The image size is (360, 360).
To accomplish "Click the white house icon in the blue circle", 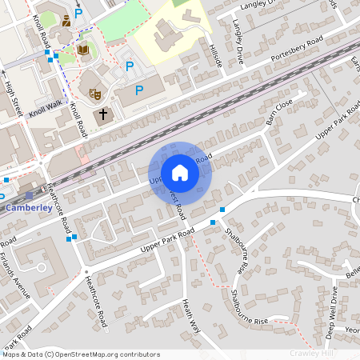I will [180, 173].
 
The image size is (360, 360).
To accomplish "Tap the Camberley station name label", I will [29, 208].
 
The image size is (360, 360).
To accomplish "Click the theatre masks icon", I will [94, 93].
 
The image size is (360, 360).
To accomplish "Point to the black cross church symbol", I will [102, 115].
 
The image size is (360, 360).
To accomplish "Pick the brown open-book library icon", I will [82, 50].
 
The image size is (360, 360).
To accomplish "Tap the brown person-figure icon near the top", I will [65, 20].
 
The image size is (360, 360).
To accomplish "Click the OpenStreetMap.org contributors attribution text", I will [108, 354].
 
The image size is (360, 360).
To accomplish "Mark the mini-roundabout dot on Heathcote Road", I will [86, 272].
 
